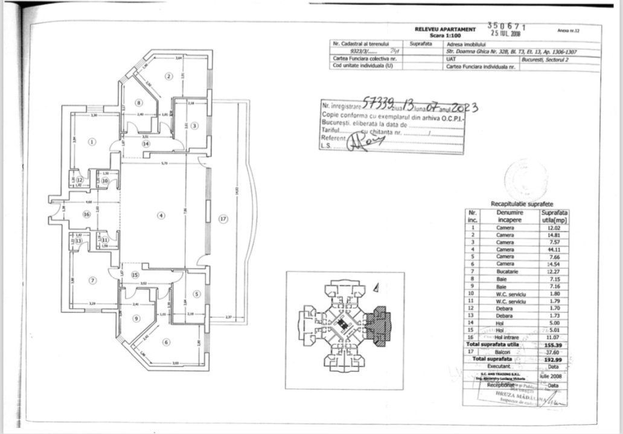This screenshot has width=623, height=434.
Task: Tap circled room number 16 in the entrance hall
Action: (86, 214)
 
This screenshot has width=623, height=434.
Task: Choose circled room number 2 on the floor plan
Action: (169, 76)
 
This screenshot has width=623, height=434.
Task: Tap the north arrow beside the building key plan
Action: (375, 288)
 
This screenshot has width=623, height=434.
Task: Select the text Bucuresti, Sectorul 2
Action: (544, 59)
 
